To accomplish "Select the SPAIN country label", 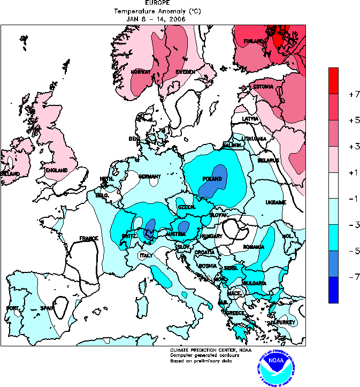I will click(x=48, y=308).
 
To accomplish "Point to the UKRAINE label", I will click(x=275, y=202).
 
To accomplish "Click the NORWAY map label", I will click(x=140, y=72).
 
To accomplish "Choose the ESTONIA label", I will click(x=263, y=87).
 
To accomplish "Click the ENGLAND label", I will click(x=56, y=170).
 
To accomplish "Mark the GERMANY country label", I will click(x=149, y=177).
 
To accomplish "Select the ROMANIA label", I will click(x=253, y=247).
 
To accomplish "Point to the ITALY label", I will click(x=146, y=255).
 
